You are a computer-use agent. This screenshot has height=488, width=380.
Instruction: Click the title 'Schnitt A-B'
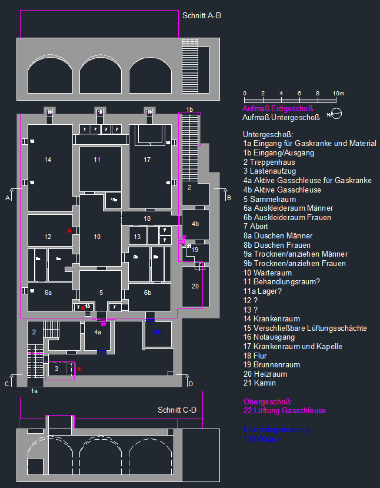tap(202, 16)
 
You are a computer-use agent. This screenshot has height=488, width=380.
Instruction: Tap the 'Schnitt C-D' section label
tap(176, 410)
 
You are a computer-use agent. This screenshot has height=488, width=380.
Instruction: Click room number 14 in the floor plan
tap(48, 160)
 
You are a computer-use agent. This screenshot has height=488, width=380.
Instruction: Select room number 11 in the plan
tap(97, 160)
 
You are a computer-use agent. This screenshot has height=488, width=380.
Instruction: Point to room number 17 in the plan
tap(147, 160)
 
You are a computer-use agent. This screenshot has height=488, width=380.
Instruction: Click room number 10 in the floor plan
tap(97, 236)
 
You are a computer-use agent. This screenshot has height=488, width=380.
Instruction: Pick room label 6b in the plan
tap(148, 292)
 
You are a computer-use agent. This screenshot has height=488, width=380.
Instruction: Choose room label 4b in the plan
tap(195, 224)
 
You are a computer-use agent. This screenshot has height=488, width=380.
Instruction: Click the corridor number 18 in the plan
tap(147, 218)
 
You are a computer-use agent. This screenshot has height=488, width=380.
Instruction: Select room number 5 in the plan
tap(101, 292)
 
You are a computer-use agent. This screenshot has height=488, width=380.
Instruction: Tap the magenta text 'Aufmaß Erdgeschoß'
tap(278, 108)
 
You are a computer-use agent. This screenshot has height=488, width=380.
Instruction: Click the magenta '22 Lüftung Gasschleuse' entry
tap(284, 410)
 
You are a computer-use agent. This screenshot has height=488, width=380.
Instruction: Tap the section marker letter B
tap(228, 198)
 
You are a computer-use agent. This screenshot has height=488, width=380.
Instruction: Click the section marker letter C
tap(6, 384)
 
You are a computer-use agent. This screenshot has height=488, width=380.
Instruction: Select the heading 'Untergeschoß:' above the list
tap(268, 134)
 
